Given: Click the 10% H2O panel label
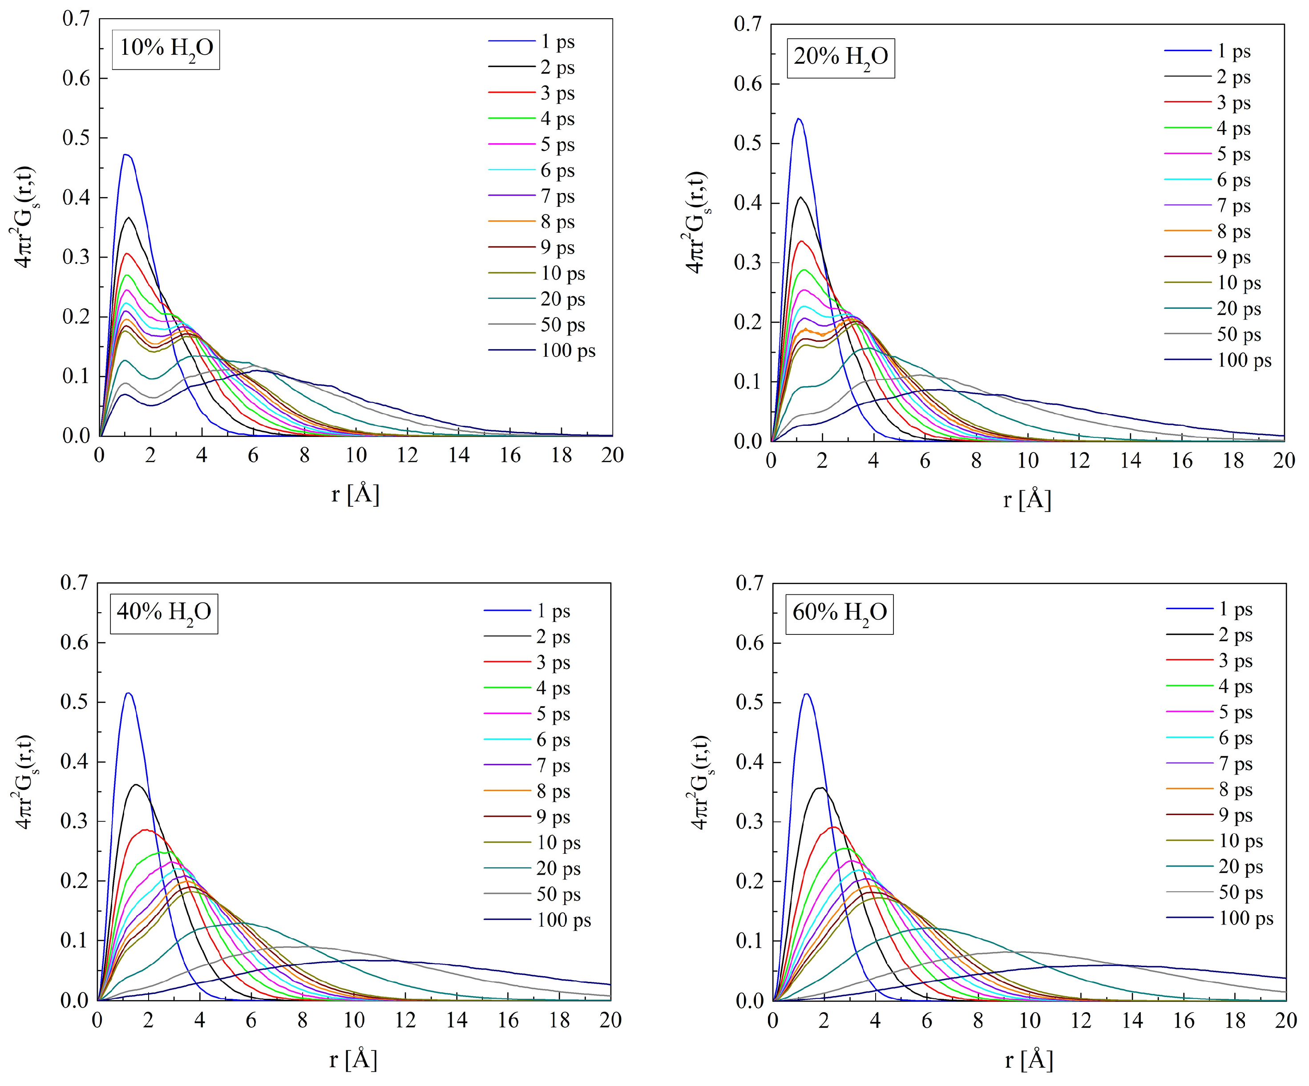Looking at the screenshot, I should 166,48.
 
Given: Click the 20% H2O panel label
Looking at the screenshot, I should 840,57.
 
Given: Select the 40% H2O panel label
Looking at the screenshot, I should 164,613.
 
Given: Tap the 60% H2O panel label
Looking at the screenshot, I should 839,613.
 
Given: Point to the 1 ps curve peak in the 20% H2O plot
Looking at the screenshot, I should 799,118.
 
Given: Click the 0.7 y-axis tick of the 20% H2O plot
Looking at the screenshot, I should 748,24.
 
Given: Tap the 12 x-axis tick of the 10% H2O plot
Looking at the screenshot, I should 407,455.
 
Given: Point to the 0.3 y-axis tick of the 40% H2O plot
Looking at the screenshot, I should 74,821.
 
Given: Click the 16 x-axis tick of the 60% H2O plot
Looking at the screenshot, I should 1184,1021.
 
